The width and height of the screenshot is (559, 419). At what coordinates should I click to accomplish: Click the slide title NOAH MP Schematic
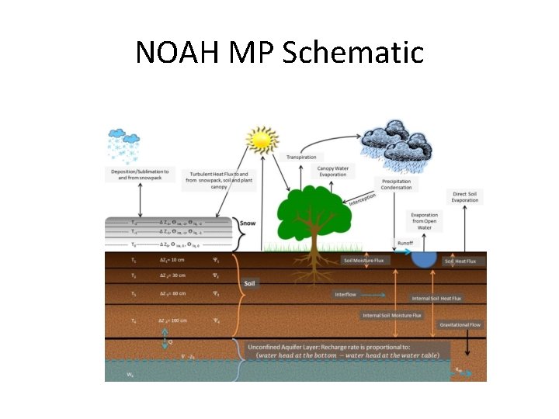279,53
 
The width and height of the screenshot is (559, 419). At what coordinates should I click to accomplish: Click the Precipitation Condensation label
396,185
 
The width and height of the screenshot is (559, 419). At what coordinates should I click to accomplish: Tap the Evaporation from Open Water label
424,221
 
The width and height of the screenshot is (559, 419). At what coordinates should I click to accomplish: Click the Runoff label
404,243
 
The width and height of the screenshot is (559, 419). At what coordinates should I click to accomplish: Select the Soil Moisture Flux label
363,261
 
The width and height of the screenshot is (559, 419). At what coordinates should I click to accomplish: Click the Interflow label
345,295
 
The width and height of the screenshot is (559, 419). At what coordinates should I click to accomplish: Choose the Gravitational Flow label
460,324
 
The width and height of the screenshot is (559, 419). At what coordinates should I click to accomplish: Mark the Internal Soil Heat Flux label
436,298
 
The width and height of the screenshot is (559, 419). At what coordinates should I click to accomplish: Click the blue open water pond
424,258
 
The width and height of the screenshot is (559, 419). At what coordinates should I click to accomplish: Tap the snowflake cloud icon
124,143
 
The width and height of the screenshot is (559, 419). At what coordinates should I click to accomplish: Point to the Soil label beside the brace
249,283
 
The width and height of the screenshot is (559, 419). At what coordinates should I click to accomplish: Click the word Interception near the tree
363,199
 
